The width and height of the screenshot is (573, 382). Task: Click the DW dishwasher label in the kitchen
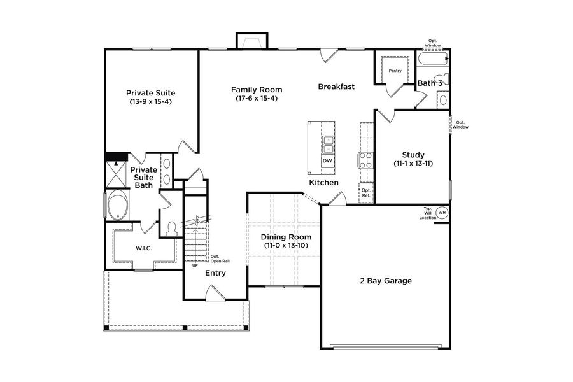(327, 161)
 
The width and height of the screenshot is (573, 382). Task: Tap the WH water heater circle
(442, 212)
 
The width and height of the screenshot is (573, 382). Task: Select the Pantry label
(395, 71)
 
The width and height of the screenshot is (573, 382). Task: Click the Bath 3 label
(430, 83)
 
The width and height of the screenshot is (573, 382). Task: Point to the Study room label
(413, 155)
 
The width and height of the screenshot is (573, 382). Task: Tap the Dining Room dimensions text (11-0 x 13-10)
(286, 246)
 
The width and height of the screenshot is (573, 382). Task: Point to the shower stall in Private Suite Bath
(117, 172)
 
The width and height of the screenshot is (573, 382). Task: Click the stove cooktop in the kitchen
(367, 159)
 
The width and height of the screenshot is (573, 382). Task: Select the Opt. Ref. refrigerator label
(366, 192)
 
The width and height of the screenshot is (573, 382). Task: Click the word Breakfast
(336, 87)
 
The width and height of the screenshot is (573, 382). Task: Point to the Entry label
(215, 273)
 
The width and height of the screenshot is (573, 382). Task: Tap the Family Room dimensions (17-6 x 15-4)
(257, 98)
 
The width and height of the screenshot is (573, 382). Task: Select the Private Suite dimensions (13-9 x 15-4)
(150, 101)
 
